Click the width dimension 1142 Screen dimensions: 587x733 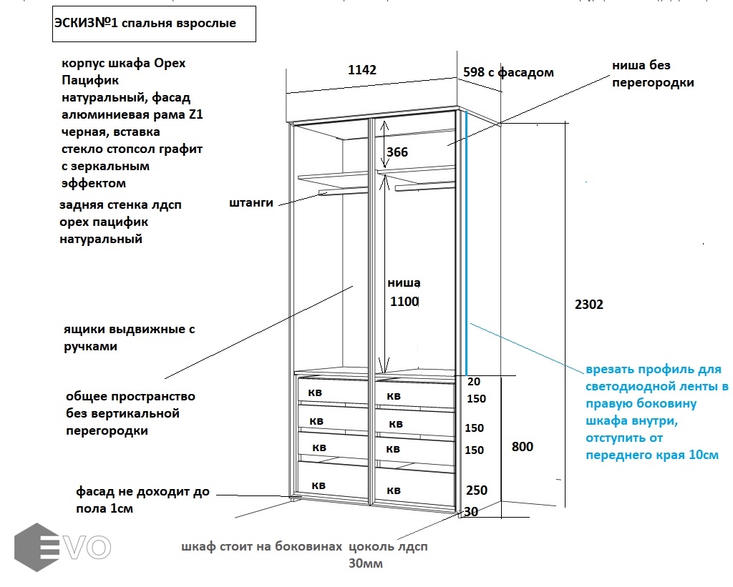pyautogui.click(x=361, y=70)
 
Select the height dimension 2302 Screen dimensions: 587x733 pyautogui.click(x=588, y=305)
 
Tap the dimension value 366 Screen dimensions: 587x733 pyautogui.click(x=397, y=152)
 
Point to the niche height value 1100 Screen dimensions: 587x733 pyautogui.click(x=404, y=302)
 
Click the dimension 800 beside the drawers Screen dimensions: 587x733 pyautogui.click(x=523, y=447)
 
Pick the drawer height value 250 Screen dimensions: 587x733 pyautogui.click(x=476, y=490)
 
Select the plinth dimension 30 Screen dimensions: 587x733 pyautogui.click(x=471, y=512)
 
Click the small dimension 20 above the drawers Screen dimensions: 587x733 pyautogui.click(x=473, y=382)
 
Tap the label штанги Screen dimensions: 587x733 pyautogui.click(x=251, y=202)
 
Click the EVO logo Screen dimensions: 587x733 pyautogui.click(x=63, y=547)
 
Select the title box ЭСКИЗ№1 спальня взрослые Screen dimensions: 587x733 pyautogui.click(x=153, y=23)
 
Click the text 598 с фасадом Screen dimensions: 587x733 pyautogui.click(x=508, y=72)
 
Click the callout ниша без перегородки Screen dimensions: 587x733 pyautogui.click(x=652, y=74)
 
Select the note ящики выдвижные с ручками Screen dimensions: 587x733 pyautogui.click(x=128, y=338)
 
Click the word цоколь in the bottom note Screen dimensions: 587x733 pyautogui.click(x=370, y=547)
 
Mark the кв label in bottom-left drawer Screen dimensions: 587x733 pyautogui.click(x=319, y=485)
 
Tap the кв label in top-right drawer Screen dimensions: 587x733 pyautogui.click(x=394, y=395)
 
